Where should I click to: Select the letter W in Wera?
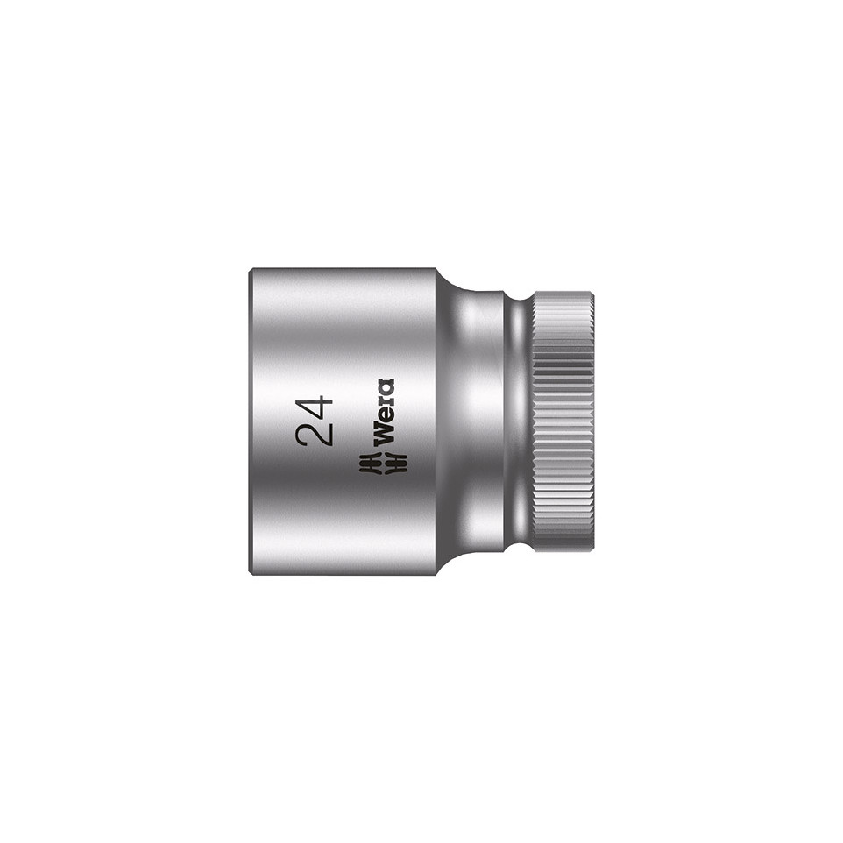click(385, 433)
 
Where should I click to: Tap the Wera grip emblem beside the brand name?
click(383, 463)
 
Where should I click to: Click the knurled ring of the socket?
click(563, 421)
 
